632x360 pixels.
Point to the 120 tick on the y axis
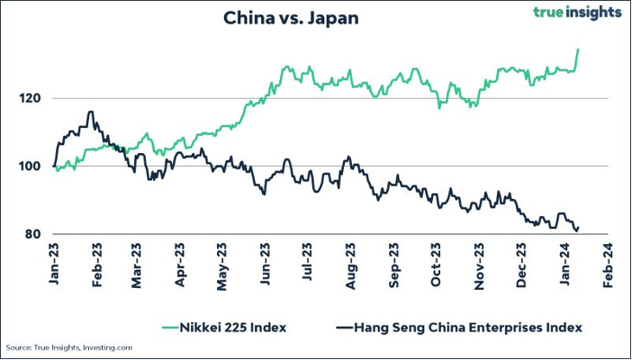tap(35, 98)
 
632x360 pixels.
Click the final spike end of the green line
tap(578, 49)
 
